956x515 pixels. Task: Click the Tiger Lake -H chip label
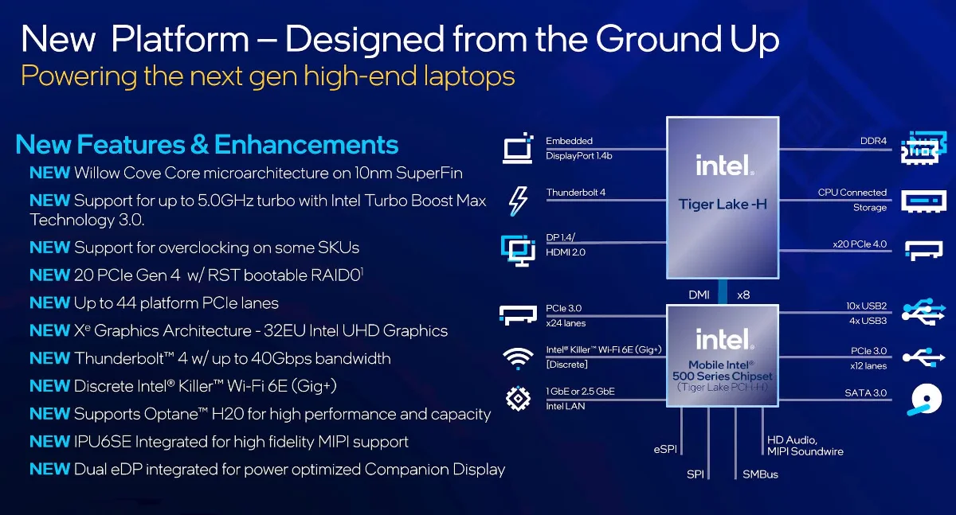(723, 205)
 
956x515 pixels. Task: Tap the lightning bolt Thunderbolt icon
(518, 201)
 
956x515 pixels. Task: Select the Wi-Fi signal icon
(518, 358)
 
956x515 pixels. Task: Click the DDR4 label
(873, 141)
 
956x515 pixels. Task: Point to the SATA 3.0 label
(865, 392)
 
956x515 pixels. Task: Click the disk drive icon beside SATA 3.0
(924, 400)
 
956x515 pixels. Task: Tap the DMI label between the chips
(699, 295)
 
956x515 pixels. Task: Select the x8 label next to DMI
(743, 295)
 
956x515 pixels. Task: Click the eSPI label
(665, 449)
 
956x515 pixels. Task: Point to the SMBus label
(760, 474)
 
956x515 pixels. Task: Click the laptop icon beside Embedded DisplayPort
(518, 148)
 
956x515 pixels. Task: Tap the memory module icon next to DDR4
(923, 147)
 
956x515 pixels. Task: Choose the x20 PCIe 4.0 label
(860, 244)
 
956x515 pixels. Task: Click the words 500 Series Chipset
(722, 376)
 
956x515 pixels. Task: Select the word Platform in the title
(180, 40)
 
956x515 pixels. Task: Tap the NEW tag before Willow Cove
(49, 173)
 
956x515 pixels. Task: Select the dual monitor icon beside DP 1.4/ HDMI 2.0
(518, 250)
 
